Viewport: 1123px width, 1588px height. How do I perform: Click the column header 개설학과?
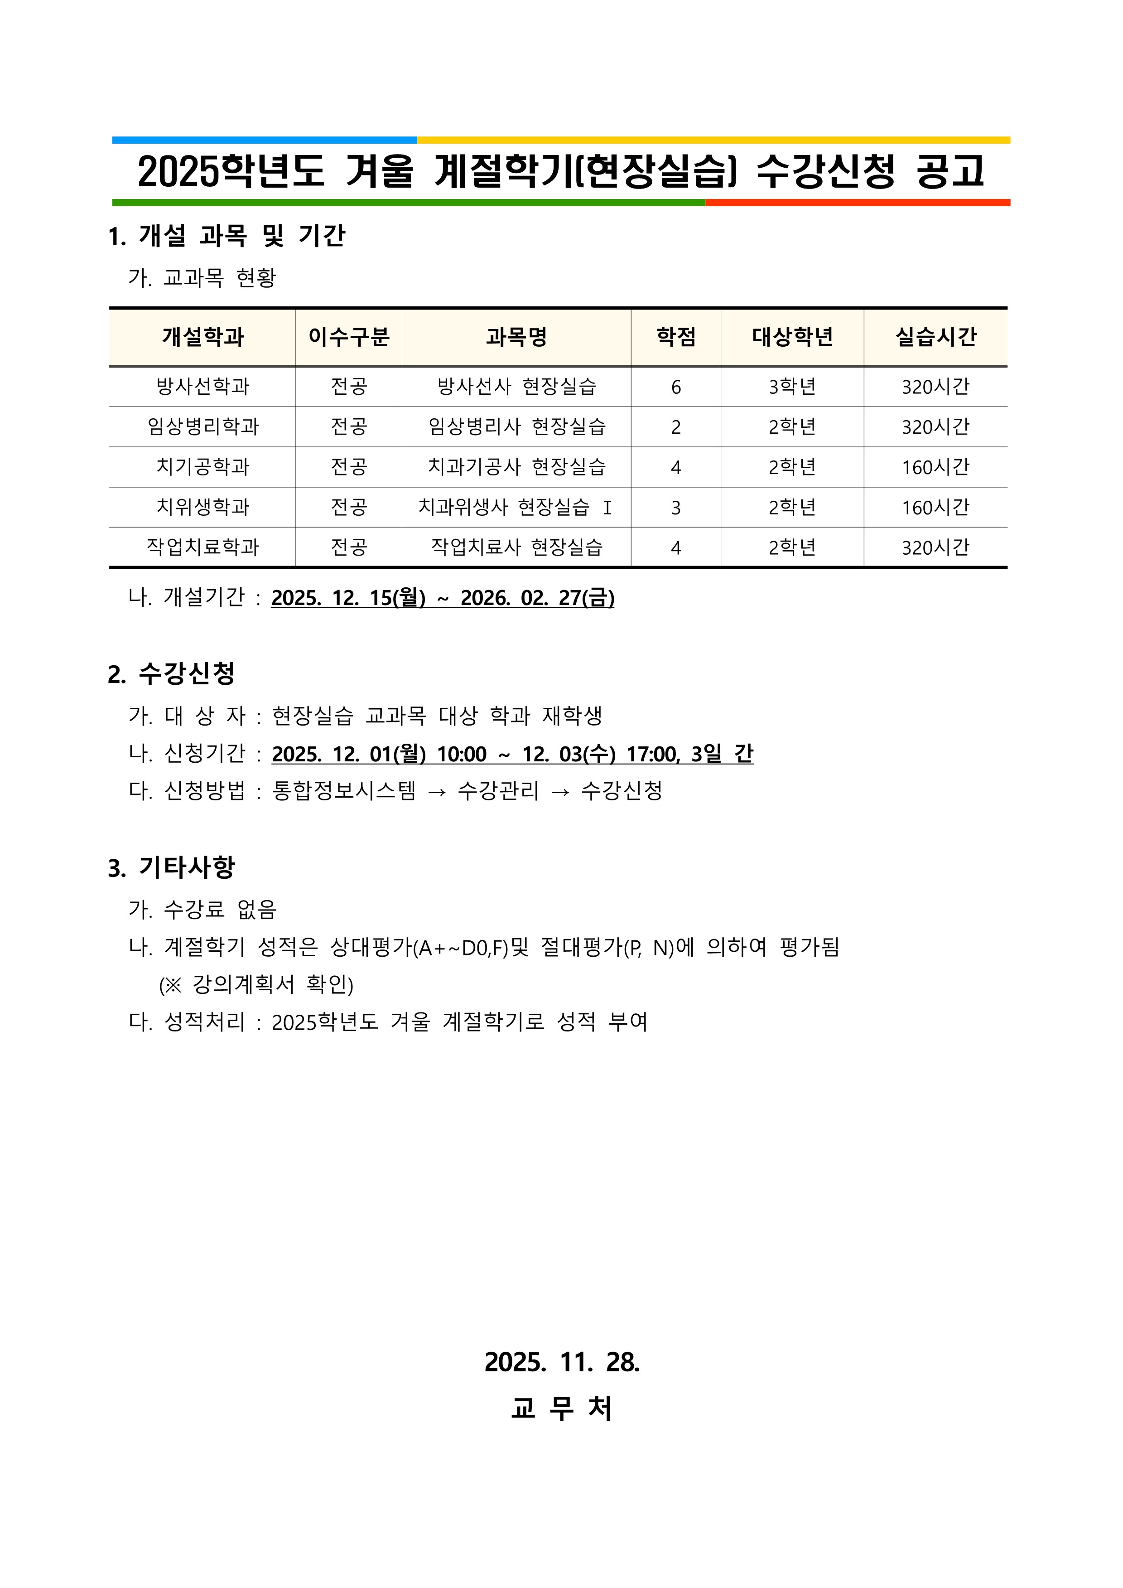coord(202,337)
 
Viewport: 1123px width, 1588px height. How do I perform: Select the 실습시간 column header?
coord(935,337)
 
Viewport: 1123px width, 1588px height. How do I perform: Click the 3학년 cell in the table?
coord(792,387)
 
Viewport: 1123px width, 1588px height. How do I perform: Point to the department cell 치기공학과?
coord(202,467)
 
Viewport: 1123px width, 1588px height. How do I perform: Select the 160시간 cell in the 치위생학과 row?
coord(935,508)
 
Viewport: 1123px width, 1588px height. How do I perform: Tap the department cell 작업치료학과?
coord(202,547)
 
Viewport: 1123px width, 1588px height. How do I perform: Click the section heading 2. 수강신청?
coord(172,673)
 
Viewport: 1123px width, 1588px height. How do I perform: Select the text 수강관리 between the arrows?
coord(498,790)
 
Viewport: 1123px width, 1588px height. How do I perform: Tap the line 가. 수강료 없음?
coord(202,909)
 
